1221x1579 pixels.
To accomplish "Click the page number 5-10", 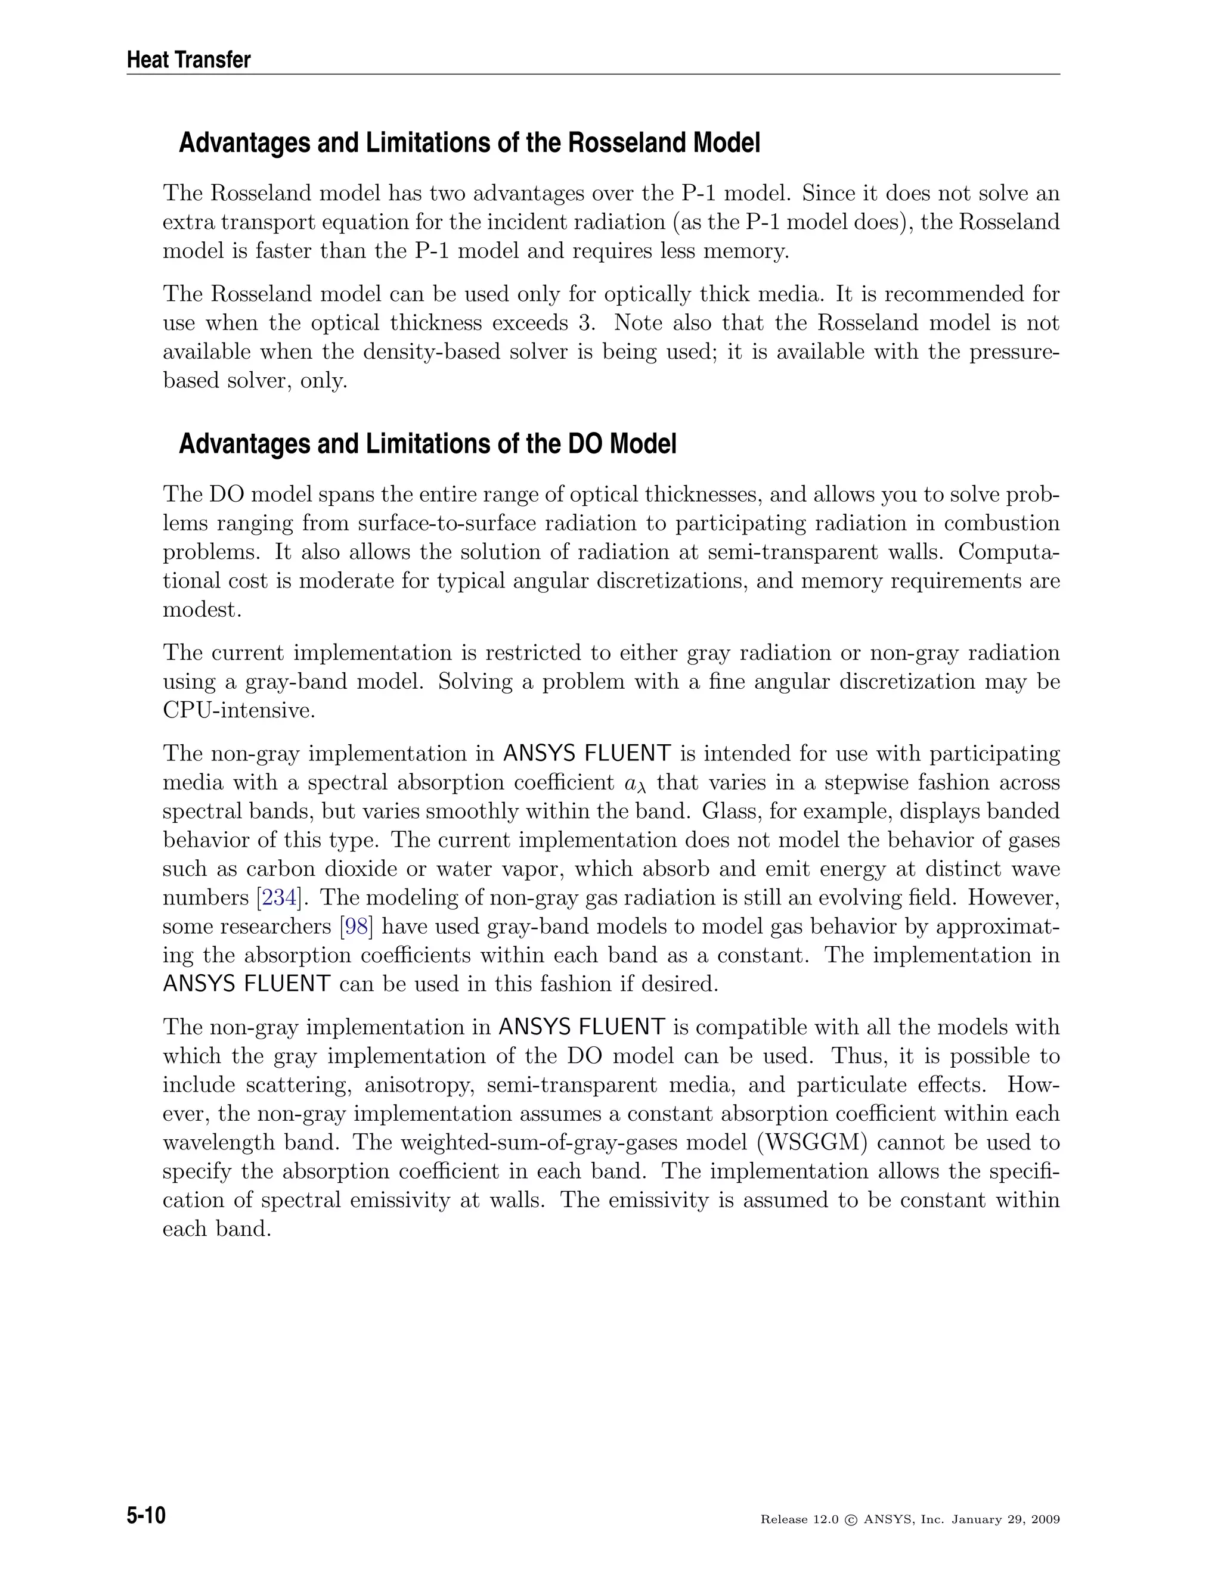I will point(146,1515).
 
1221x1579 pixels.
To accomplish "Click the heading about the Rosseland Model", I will point(469,143).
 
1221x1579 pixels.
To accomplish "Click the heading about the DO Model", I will point(427,444).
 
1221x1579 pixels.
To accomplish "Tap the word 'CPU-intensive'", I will point(238,711).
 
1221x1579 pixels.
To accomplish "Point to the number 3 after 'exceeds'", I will point(584,323).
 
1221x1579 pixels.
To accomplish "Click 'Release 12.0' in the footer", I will point(798,1520).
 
